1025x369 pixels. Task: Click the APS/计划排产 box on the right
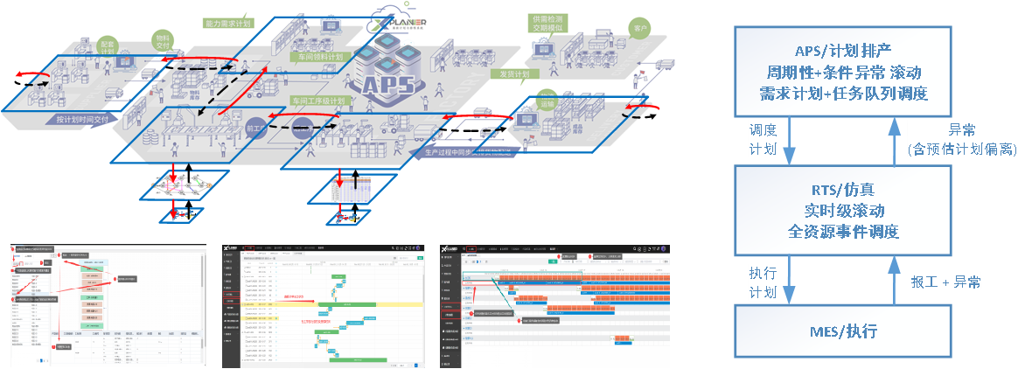(842, 70)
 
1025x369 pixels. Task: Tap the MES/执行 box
(842, 331)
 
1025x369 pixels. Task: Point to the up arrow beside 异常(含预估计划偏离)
(893, 140)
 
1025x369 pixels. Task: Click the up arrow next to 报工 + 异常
(893, 282)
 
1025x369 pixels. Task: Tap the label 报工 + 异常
(945, 282)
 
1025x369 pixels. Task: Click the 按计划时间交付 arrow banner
(83, 119)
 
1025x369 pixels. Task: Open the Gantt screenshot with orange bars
(554, 303)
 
